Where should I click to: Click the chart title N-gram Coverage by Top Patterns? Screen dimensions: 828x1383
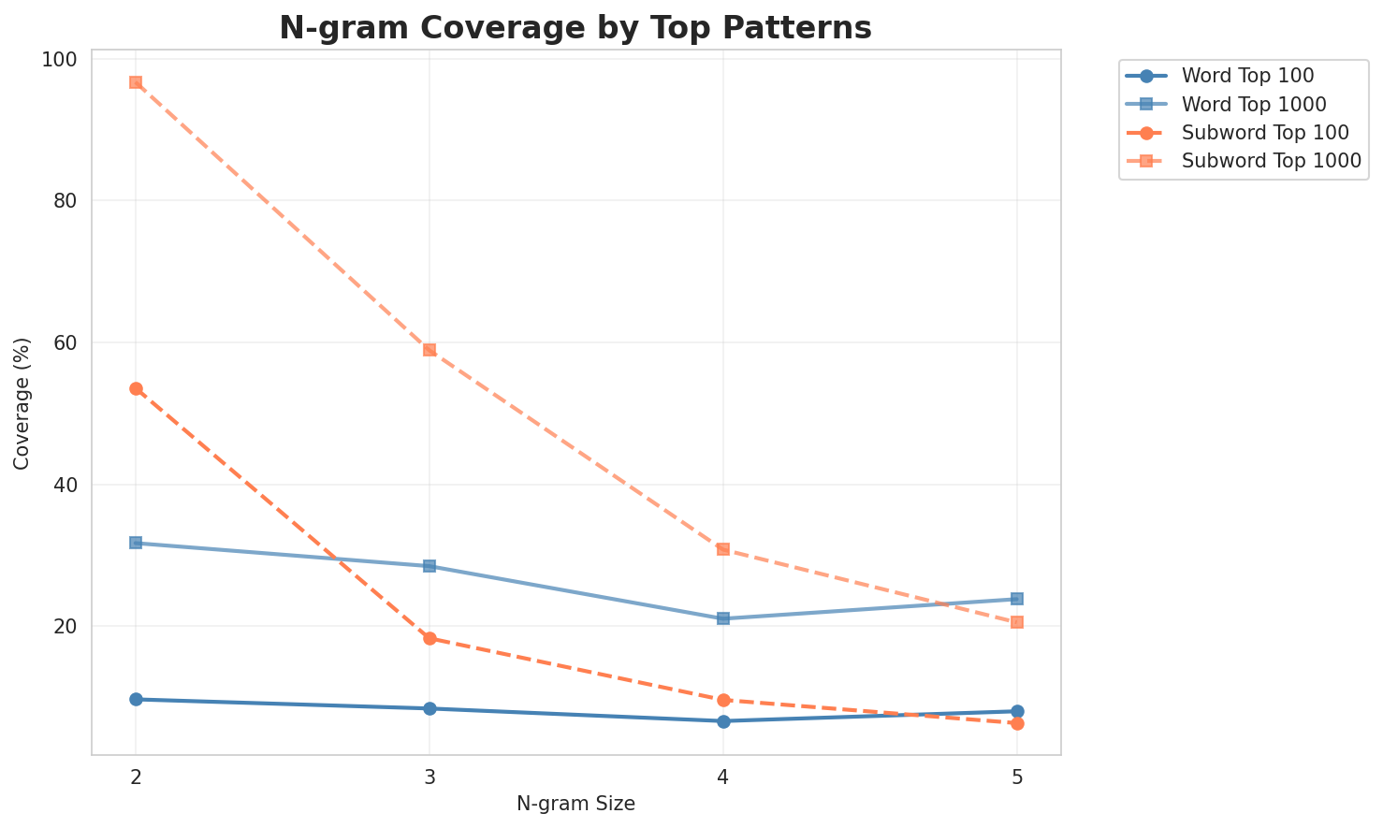(x=575, y=28)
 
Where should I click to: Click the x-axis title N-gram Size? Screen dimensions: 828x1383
(x=575, y=804)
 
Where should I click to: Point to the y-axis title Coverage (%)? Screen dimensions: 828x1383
(x=22, y=402)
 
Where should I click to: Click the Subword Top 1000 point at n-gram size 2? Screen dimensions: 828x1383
(x=136, y=82)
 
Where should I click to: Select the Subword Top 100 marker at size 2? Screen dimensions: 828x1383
(x=136, y=388)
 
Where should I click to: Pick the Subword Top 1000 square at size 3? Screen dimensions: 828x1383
(x=429, y=350)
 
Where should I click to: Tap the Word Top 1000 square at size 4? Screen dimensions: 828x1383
(x=723, y=618)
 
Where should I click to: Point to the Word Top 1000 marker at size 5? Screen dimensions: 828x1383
(x=1017, y=599)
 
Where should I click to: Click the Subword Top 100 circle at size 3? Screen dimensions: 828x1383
(x=429, y=638)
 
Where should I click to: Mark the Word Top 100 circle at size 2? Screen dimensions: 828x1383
(x=136, y=699)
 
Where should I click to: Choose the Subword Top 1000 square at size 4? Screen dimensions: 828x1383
(x=723, y=548)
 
